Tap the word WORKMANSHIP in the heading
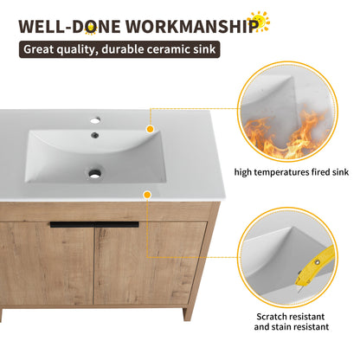click(x=189, y=24)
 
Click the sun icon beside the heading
click(x=259, y=22)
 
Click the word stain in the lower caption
click(x=297, y=327)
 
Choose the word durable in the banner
click(x=126, y=50)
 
